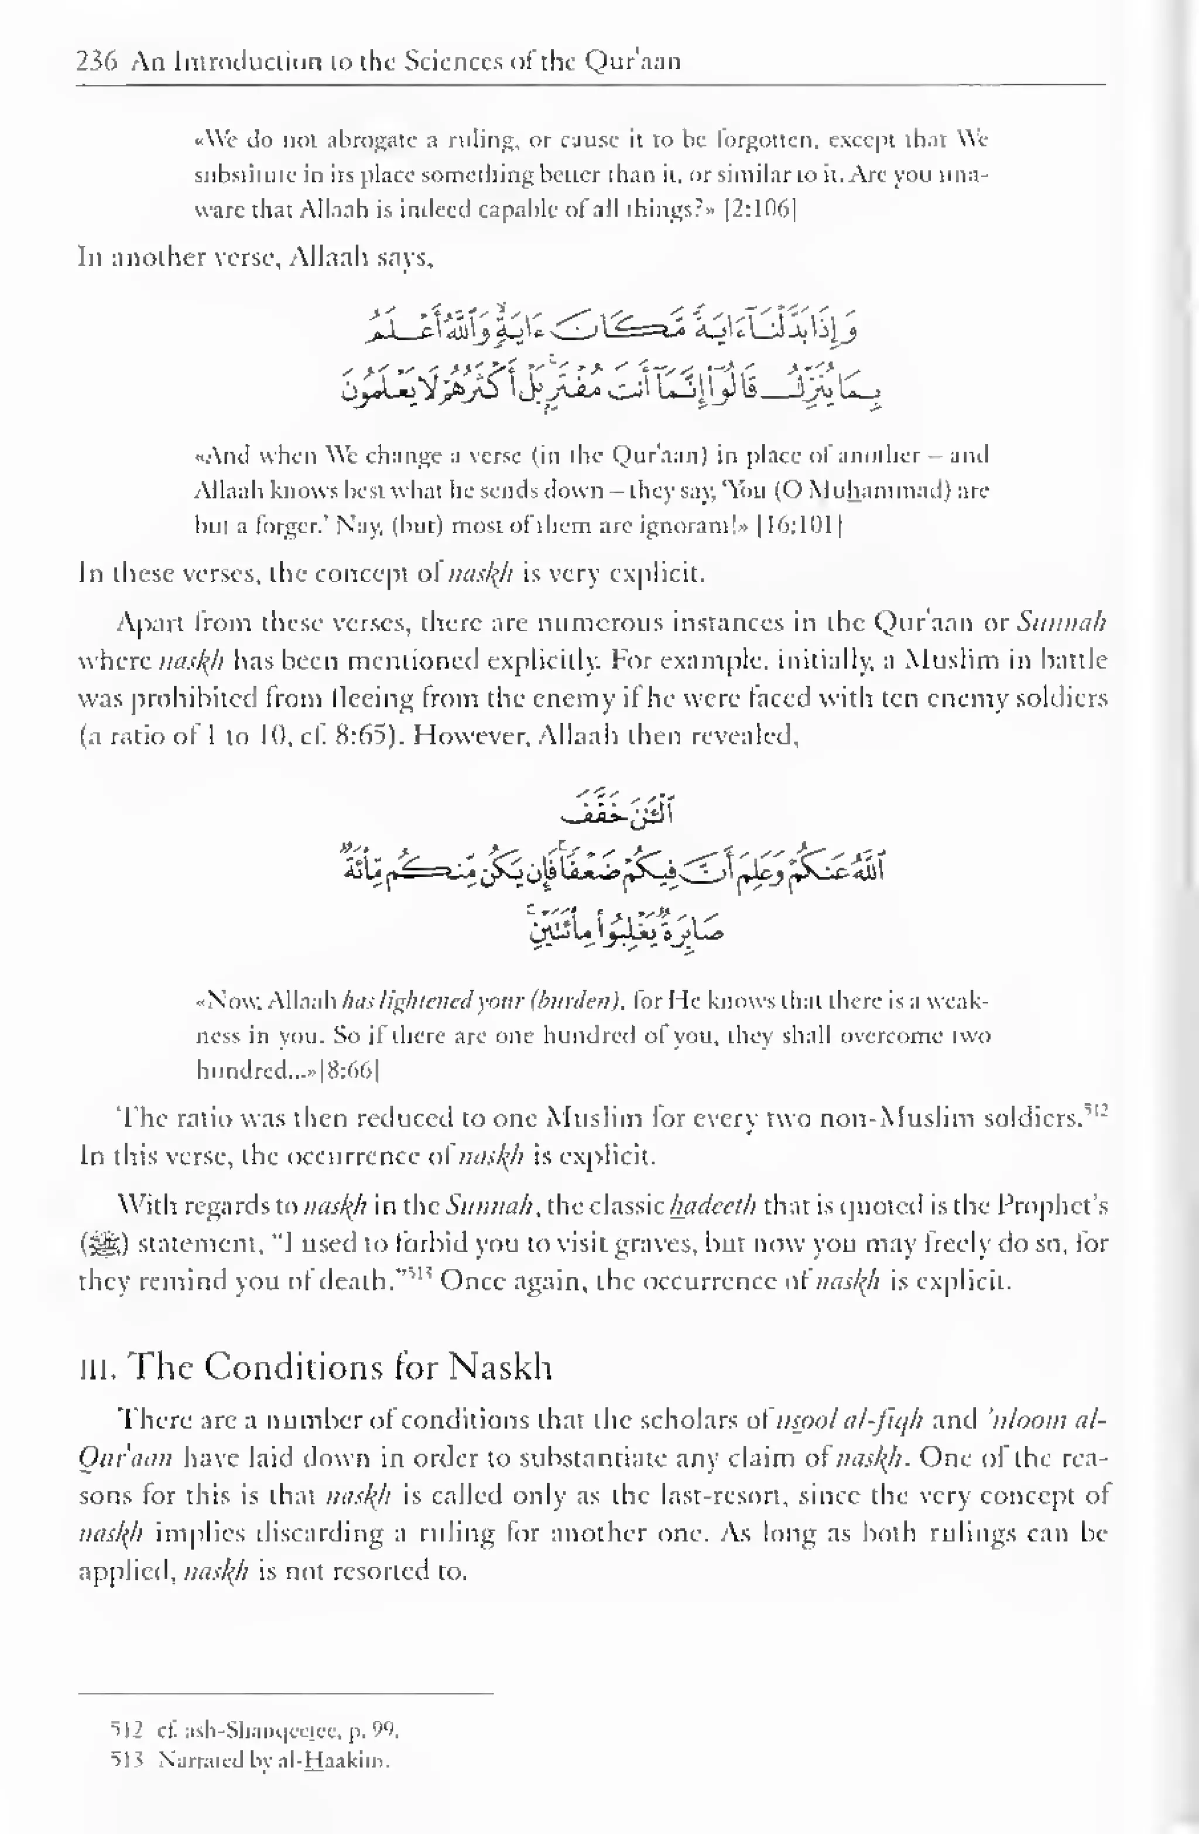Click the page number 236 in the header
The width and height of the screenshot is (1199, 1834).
pos(97,60)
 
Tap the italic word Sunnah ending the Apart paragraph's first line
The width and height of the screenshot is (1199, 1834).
pos(1061,621)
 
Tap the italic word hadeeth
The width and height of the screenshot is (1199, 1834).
pos(712,1205)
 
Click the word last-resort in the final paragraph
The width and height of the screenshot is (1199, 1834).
pos(724,1494)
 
